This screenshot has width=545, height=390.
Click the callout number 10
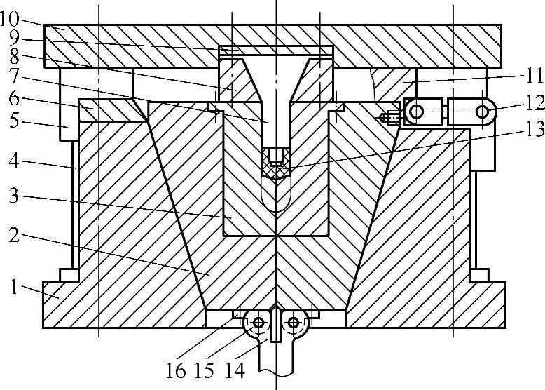10,19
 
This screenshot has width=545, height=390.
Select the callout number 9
14,39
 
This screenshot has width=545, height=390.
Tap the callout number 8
14,57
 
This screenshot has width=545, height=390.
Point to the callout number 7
14,76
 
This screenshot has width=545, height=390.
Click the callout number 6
14,100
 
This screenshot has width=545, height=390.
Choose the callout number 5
14,121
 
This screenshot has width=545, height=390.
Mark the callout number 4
14,161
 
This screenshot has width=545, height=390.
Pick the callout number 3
14,196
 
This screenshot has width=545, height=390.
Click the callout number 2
14,234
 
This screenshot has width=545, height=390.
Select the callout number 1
14,287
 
